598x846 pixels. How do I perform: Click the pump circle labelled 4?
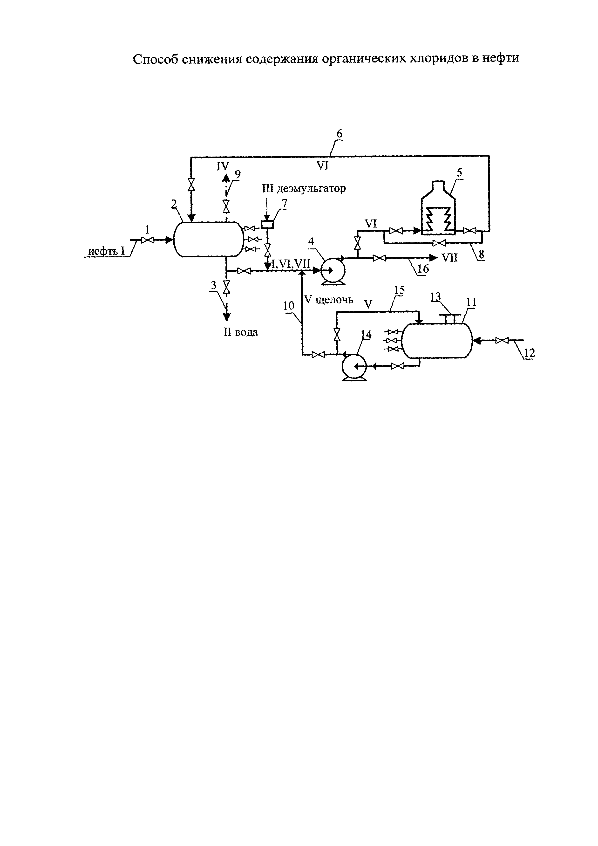tap(333, 270)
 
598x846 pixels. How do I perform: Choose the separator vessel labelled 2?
tap(208, 239)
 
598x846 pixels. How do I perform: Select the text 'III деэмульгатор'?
tap(304, 189)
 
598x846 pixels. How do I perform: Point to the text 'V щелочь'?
tap(329, 300)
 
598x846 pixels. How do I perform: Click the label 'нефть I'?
tap(107, 251)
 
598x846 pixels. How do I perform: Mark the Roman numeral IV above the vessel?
tap(222, 166)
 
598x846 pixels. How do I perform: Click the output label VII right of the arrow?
tap(449, 258)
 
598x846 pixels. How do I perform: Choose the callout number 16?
tap(423, 269)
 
